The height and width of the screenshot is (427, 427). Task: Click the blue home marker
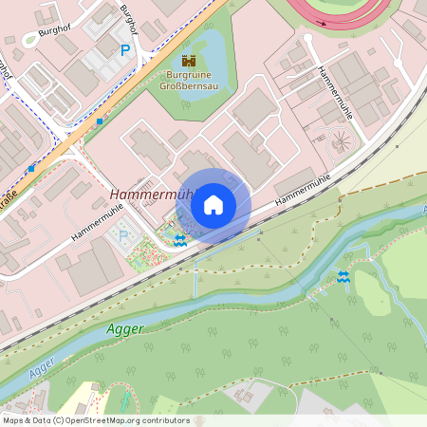pos(213,204)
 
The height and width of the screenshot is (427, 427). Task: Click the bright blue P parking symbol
pos(124,51)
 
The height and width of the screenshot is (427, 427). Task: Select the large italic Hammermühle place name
pos(151,195)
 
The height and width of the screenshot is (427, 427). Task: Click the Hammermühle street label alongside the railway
pos(306,193)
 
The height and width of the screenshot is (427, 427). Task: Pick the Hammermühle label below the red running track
pos(336,92)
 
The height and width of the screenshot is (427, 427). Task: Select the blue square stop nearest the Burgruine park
pos(100,121)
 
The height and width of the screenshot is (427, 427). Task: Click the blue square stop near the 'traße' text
pos(31,168)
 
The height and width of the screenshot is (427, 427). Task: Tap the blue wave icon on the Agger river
pos(343,277)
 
